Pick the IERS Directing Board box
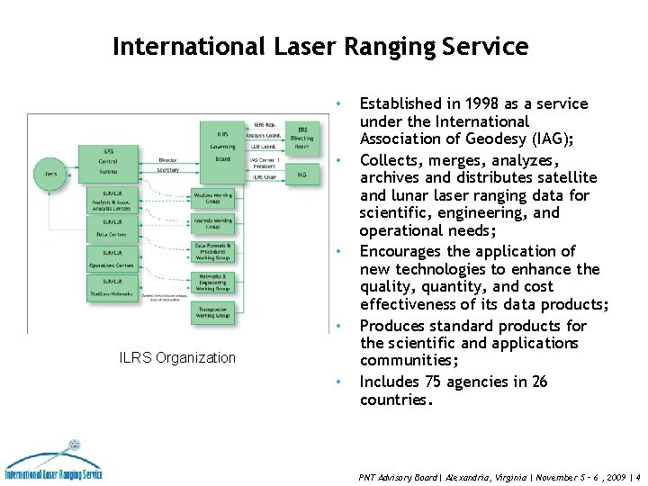[302, 133]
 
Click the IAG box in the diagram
[302, 174]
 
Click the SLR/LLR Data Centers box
[112, 227]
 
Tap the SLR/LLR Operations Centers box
[112, 259]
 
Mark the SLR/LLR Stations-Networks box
[112, 289]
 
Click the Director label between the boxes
[167, 160]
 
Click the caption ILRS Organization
[177, 358]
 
